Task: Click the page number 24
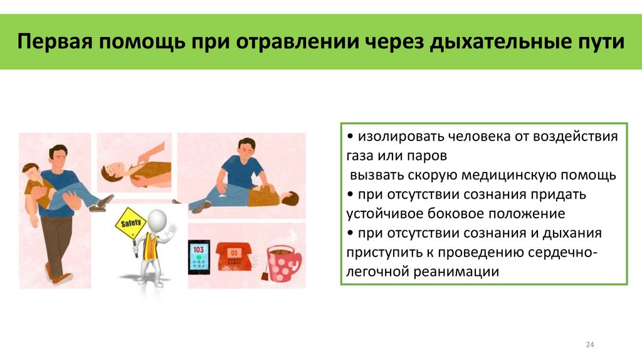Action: (589, 345)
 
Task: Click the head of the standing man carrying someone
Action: (58, 155)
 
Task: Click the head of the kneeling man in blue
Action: (246, 147)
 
